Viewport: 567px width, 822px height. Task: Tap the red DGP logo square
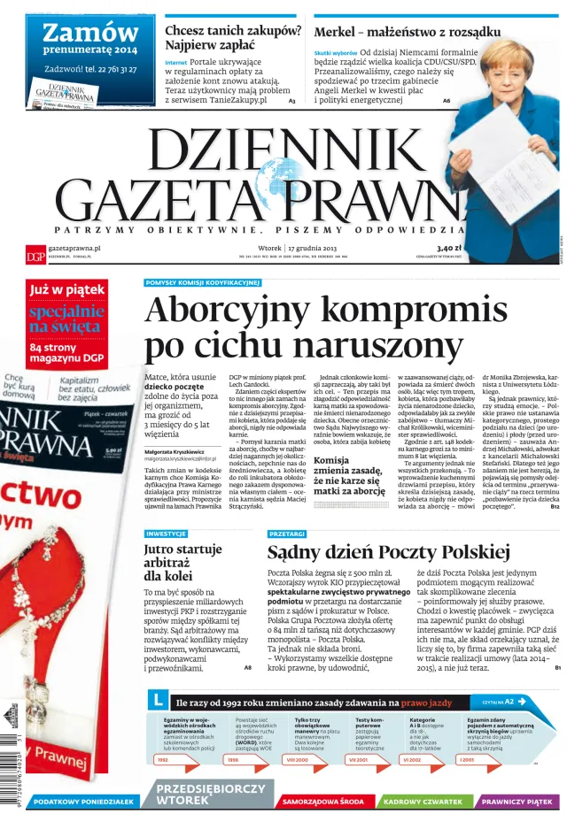(35, 255)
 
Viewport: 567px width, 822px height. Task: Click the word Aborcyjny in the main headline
(241, 311)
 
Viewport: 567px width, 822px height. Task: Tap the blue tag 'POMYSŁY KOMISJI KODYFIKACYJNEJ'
(202, 283)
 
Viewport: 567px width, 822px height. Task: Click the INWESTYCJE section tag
(166, 534)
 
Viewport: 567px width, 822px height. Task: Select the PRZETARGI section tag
(287, 534)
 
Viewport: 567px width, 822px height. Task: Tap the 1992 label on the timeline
(162, 759)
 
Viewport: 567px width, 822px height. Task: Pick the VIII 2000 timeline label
(297, 759)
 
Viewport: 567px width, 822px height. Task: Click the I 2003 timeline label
(468, 759)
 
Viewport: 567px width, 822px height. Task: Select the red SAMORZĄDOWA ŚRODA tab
(322, 802)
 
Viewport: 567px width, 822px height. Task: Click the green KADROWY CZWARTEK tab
(423, 802)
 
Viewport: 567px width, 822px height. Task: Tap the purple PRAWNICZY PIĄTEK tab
(518, 802)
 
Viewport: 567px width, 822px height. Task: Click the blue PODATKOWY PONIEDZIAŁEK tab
(84, 802)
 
